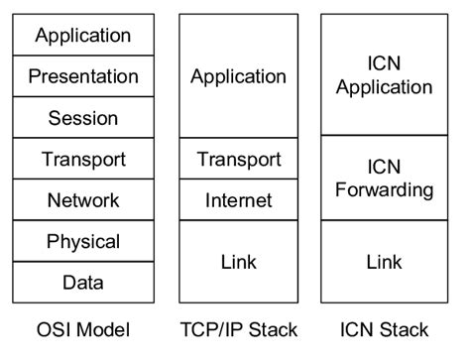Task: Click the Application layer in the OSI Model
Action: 83,36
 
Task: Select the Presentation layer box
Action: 83,76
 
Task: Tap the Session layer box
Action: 83,118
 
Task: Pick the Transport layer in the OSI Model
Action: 83,159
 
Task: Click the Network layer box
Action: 83,200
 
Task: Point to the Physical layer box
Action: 83,241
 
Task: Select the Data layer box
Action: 83,283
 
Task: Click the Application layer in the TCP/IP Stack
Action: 238,76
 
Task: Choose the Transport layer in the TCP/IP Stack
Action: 238,159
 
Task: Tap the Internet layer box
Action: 238,200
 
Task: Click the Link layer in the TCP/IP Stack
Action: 238,262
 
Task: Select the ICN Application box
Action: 385,75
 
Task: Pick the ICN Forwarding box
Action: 385,178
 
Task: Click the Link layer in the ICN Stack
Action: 385,262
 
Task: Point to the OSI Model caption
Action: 82,329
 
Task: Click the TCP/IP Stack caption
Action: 238,329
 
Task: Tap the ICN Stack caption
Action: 385,329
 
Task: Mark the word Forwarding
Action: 385,189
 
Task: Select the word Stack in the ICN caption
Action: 404,329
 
